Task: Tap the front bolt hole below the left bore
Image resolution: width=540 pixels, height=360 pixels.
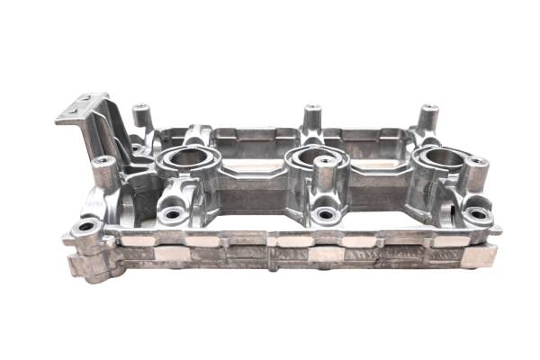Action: tap(172, 215)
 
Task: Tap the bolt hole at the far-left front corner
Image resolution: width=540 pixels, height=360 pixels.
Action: tap(87, 225)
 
